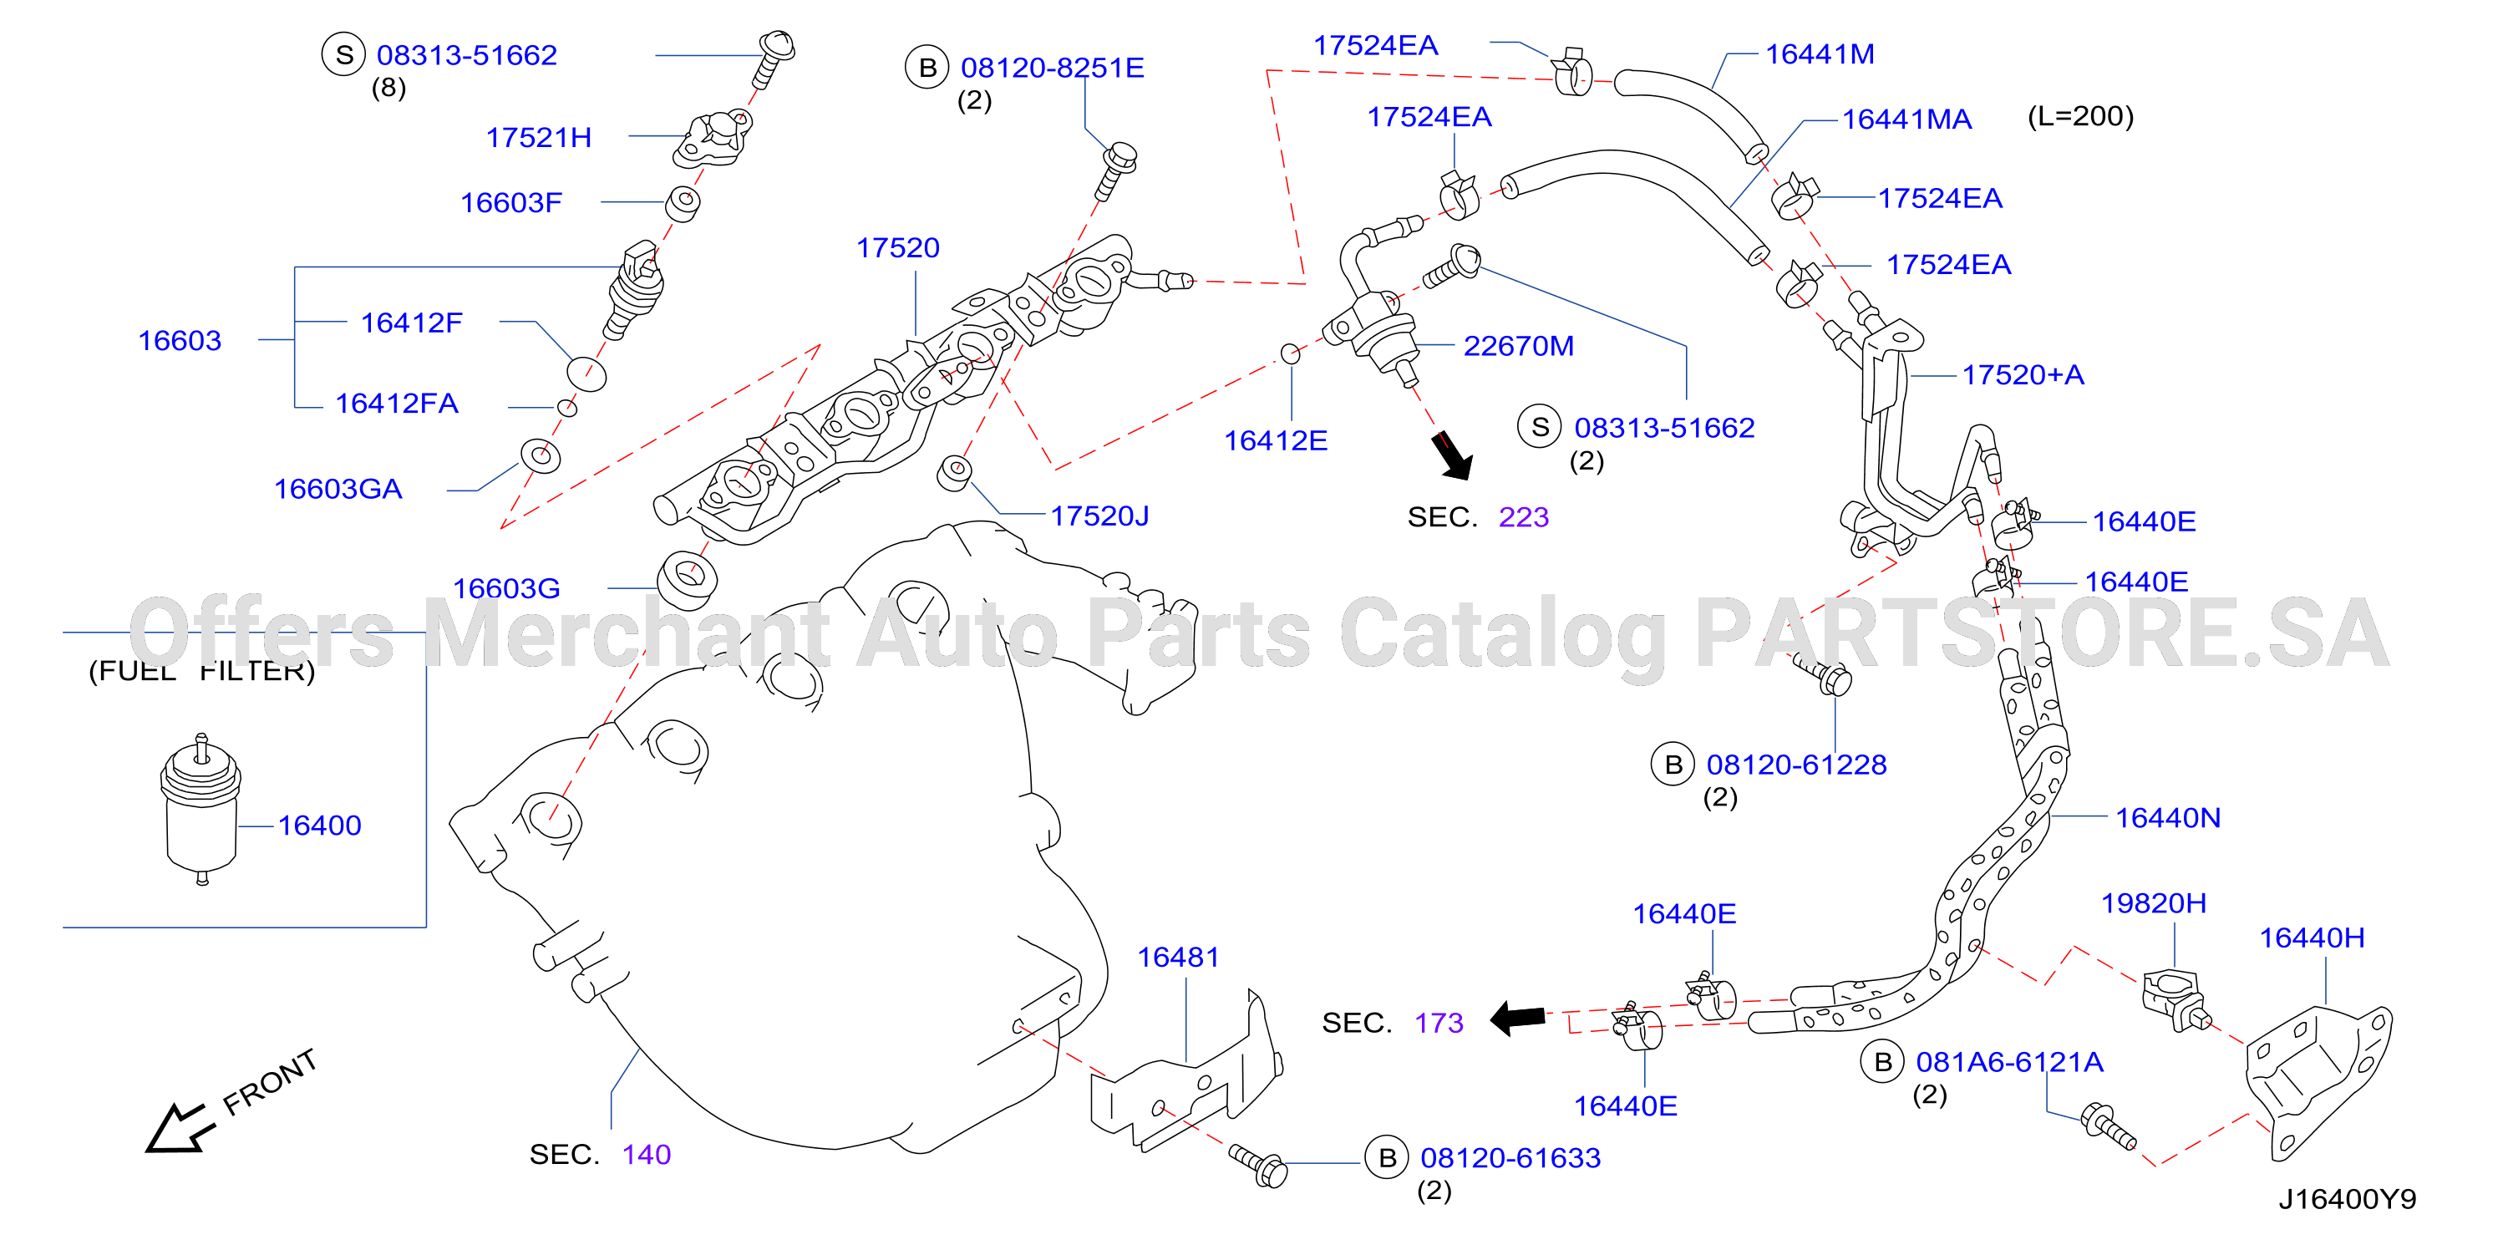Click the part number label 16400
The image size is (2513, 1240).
point(319,826)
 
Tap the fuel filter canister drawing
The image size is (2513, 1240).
point(201,809)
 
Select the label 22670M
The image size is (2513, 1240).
point(1518,345)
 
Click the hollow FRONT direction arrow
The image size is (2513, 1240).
point(180,1128)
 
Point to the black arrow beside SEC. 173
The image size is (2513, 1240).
point(1518,1019)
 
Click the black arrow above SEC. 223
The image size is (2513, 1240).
point(1452,455)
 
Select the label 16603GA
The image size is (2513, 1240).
point(338,489)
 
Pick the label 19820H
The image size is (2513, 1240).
point(2153,903)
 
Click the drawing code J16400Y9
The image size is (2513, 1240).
point(2347,1199)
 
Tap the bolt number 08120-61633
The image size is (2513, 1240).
point(1510,1158)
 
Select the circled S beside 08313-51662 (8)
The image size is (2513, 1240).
point(343,54)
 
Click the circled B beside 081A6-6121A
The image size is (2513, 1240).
point(1883,1062)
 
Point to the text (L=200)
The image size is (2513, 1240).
point(2080,116)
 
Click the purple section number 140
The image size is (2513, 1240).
point(647,1154)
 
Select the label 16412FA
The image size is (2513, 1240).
point(396,403)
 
